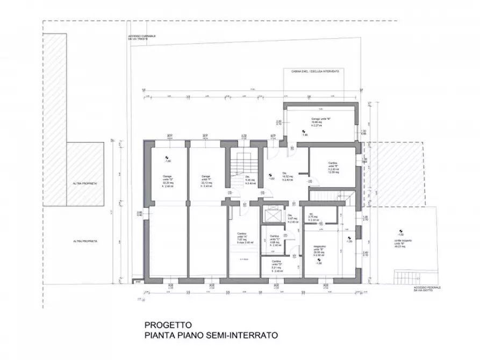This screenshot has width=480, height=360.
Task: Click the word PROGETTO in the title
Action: pos(168,325)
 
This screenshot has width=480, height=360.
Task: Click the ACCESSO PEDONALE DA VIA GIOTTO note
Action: pos(428,289)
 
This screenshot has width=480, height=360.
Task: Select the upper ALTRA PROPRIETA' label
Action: pos(84,183)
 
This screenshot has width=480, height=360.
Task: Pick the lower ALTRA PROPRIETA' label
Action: pos(86,242)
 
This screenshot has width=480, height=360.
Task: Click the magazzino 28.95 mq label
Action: pos(321,251)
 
